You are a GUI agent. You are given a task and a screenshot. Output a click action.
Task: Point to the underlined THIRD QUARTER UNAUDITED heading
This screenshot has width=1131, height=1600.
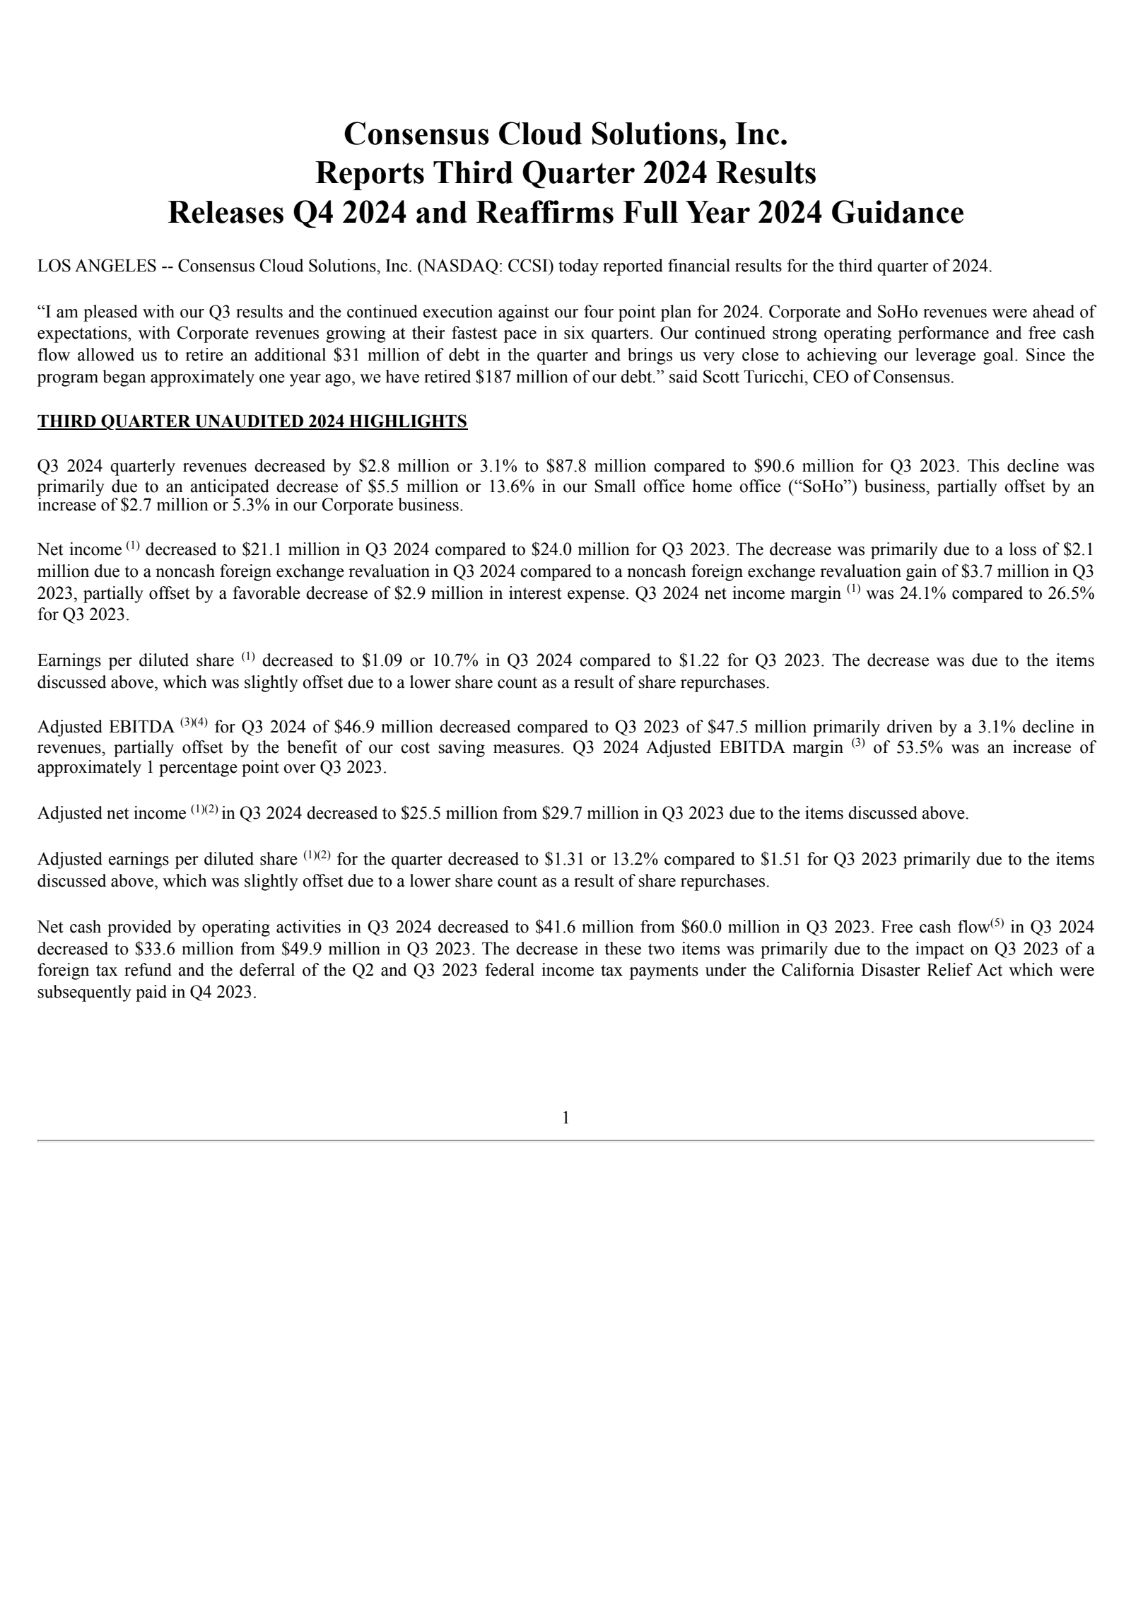point(252,422)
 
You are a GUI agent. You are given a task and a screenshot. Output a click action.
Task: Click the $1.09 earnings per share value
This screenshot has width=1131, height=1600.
point(382,661)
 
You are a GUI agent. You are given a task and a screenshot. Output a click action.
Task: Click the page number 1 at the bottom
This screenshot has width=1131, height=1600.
point(565,1118)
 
